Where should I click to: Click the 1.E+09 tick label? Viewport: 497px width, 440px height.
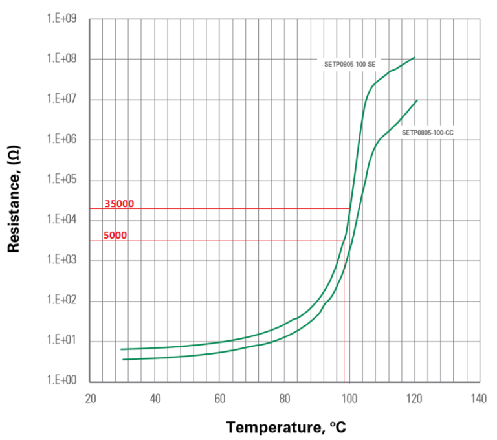(x=62, y=19)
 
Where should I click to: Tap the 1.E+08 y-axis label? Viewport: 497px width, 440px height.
(x=62, y=59)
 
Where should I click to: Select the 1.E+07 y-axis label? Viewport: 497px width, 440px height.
(x=62, y=100)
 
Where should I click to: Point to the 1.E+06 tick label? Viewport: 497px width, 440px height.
(x=62, y=140)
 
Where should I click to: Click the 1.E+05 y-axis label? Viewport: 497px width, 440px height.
(x=62, y=180)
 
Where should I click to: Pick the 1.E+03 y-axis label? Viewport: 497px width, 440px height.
(x=62, y=261)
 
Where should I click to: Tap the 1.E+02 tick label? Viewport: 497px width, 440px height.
(x=62, y=301)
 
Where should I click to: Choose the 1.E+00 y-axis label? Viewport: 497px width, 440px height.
(x=62, y=381)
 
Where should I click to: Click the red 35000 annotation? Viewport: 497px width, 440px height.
(x=119, y=203)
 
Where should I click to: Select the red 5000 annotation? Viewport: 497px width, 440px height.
(x=115, y=236)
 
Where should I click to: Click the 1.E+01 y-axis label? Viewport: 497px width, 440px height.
(x=62, y=341)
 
